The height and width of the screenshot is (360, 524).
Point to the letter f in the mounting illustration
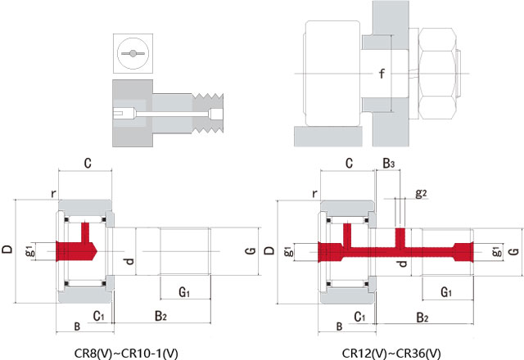click(x=381, y=74)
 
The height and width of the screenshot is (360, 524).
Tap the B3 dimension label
click(x=389, y=164)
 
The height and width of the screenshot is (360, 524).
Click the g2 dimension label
click(x=421, y=193)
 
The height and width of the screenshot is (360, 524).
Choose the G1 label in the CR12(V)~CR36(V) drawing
click(x=446, y=291)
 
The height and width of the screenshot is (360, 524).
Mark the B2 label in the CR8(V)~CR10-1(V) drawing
click(x=161, y=315)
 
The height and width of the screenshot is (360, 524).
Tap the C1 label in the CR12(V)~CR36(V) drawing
click(x=359, y=315)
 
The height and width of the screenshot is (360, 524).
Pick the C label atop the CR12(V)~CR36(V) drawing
click(x=349, y=164)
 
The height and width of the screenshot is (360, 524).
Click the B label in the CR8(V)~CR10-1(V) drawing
click(x=77, y=327)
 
